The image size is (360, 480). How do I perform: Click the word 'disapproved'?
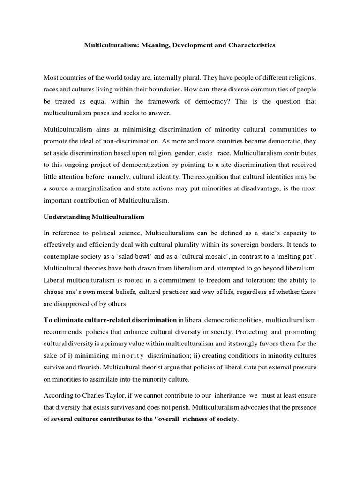pyautogui.click(x=74, y=303)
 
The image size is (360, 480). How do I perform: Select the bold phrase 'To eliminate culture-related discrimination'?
pyautogui.click(x=110, y=320)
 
